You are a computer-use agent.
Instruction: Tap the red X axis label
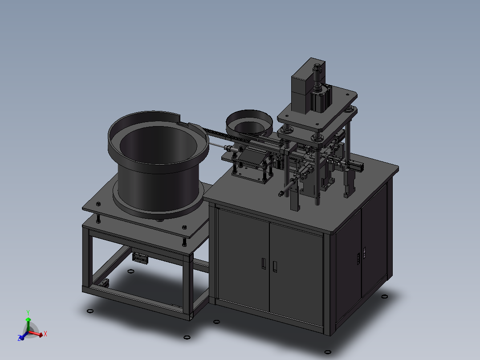point(45,333)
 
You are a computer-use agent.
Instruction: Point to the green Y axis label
point(28,312)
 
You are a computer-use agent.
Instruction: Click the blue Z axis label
point(20,339)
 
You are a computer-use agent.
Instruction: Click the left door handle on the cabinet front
point(263,263)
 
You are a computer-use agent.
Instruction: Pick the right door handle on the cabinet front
point(275,266)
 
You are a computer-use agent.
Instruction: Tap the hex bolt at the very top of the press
point(317,68)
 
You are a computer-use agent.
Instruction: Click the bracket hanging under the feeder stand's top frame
point(140,258)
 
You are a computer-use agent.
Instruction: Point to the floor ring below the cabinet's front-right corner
point(328,352)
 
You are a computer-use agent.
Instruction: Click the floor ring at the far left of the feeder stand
point(89,311)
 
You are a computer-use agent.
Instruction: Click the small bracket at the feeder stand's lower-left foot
point(105,282)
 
